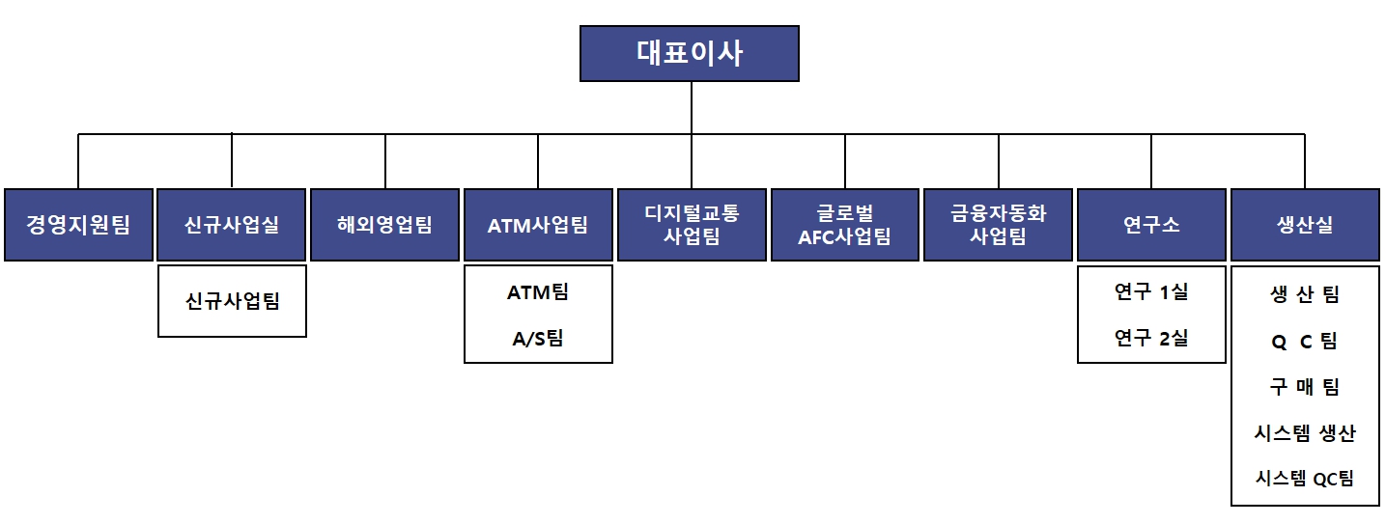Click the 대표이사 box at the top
point(690,53)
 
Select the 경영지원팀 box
point(78,225)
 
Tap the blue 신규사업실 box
point(232,225)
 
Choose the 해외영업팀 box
point(384,225)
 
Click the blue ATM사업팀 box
point(538,225)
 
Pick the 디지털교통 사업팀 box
point(692,225)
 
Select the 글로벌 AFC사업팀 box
point(845,225)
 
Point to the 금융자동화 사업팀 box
point(998,225)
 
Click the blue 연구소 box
point(1151,225)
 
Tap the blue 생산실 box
point(1305,225)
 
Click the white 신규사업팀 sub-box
point(232,301)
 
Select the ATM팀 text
point(538,291)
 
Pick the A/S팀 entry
point(538,338)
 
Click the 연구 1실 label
point(1151,291)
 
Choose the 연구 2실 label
point(1151,338)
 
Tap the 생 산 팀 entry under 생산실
point(1305,294)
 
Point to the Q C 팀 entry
point(1305,341)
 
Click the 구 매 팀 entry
point(1305,387)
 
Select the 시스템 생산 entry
point(1305,433)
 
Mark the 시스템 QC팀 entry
point(1305,479)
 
